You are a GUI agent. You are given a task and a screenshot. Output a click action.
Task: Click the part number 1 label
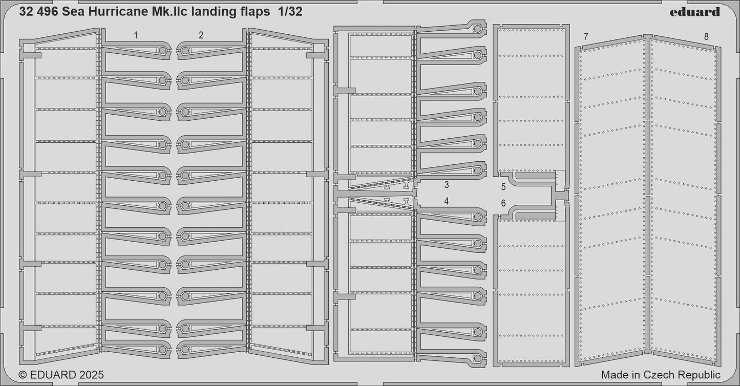(x=136, y=35)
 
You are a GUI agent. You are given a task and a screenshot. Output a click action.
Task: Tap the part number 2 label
(x=201, y=35)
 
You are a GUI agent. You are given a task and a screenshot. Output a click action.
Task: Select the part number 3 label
(x=447, y=184)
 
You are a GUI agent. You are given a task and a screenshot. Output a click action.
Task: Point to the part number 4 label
(x=447, y=201)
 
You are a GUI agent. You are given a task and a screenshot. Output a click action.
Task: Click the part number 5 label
(x=503, y=187)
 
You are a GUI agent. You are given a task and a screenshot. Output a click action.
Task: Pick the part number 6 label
(x=503, y=203)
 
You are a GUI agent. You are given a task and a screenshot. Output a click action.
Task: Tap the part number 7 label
(x=586, y=36)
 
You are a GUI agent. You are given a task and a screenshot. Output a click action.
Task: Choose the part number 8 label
(x=706, y=36)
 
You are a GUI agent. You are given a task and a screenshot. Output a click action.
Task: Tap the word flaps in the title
(x=254, y=12)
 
